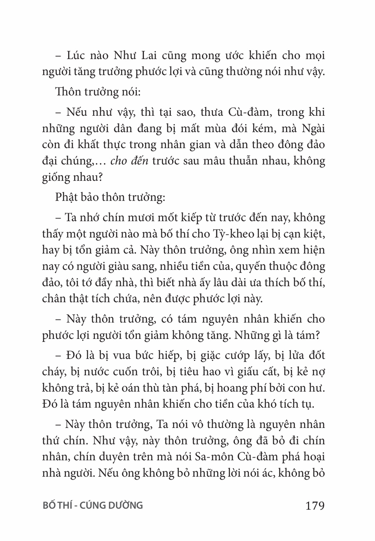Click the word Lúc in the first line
tap(77, 56)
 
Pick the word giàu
tap(116, 266)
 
